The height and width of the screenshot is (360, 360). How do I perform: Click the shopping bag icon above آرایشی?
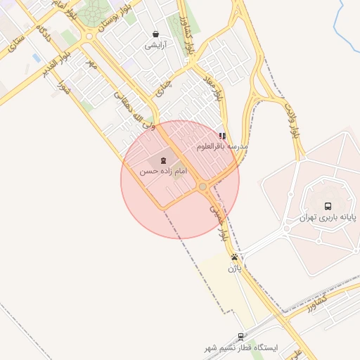(155, 34)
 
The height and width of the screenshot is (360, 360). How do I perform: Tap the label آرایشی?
(155, 45)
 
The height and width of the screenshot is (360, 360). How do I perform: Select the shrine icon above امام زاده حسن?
(155, 160)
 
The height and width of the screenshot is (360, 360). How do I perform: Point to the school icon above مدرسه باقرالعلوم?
(222, 136)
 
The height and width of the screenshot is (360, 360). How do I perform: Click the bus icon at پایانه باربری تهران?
(328, 206)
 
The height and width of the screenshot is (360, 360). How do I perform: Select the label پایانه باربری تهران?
(328, 217)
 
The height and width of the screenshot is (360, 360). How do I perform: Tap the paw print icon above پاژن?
(235, 257)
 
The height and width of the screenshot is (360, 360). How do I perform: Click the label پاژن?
(235, 268)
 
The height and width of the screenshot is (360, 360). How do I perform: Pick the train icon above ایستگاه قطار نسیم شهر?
(241, 337)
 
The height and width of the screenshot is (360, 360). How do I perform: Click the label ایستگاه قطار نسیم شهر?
(241, 348)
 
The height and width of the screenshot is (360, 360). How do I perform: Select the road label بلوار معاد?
(217, 90)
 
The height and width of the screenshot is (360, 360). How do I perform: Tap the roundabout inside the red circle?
(202, 186)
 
